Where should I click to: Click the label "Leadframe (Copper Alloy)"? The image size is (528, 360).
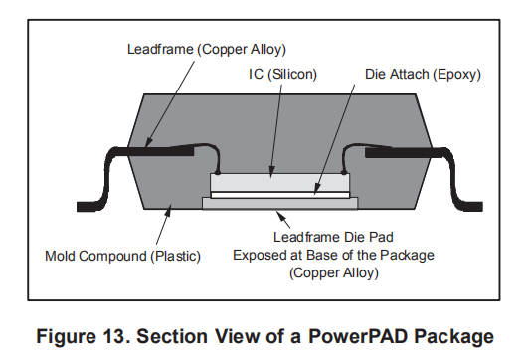click(x=207, y=50)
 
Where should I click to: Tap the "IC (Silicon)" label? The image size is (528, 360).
click(x=282, y=74)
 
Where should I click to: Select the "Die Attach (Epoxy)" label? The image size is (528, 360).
click(x=423, y=74)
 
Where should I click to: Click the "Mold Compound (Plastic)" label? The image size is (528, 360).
click(x=122, y=256)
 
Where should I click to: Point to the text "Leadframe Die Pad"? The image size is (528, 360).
click(x=333, y=237)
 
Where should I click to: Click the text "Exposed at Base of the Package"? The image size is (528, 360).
click(x=333, y=255)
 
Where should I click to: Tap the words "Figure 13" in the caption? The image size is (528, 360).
click(x=81, y=336)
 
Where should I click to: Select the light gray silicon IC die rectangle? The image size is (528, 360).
click(x=279, y=183)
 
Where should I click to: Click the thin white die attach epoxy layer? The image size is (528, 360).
click(x=279, y=195)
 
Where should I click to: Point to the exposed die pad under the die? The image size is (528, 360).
click(x=279, y=204)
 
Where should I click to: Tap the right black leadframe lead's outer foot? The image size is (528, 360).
click(x=470, y=207)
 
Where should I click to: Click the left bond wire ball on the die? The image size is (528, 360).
click(x=217, y=172)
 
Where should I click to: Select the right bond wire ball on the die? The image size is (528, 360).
click(x=343, y=172)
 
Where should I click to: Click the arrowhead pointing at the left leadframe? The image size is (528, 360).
click(x=148, y=143)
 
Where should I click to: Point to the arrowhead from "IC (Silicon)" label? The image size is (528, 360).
click(x=271, y=171)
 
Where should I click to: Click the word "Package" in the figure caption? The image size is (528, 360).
click(x=453, y=336)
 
